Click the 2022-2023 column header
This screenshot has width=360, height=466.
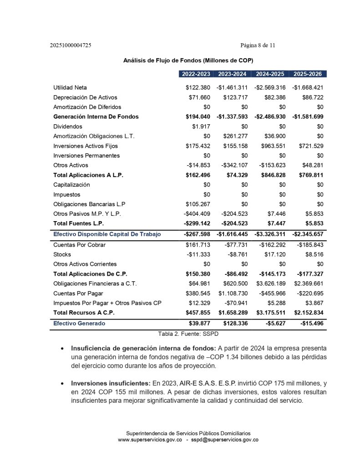196,74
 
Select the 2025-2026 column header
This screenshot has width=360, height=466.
309,74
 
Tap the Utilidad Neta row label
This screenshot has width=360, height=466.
70,87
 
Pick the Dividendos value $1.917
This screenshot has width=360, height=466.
203,127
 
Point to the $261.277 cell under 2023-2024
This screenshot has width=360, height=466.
235,136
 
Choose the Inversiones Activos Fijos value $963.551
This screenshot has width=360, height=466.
272,146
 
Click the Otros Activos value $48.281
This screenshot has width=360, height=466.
313,165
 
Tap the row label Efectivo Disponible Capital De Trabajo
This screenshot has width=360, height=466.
107,234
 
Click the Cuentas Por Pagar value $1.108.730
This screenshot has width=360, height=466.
233,294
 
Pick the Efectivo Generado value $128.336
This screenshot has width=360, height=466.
235,323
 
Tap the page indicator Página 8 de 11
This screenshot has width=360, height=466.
258,46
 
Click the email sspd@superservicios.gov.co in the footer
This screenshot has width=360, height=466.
225,440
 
